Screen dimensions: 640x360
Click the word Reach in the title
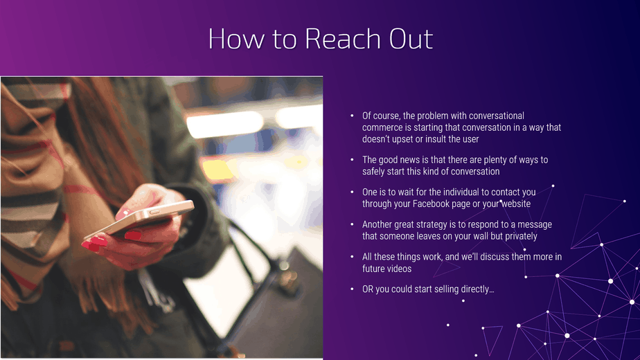pyautogui.click(x=342, y=39)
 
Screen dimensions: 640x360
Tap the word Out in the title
pyautogui.click(x=411, y=39)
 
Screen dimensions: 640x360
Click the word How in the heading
pyautogui.click(x=236, y=39)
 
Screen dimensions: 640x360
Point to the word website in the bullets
pyautogui.click(x=515, y=204)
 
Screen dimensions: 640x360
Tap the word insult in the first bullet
pyautogui.click(x=435, y=139)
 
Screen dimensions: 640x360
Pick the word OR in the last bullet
pyautogui.click(x=367, y=289)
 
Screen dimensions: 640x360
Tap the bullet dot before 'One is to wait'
pyautogui.click(x=352, y=192)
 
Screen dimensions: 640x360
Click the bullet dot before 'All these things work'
pyautogui.click(x=352, y=257)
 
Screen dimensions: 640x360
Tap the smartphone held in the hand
pyautogui.click(x=139, y=219)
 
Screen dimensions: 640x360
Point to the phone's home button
pyautogui.click(x=155, y=211)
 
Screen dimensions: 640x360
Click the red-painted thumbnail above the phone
pyautogui.click(x=123, y=213)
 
